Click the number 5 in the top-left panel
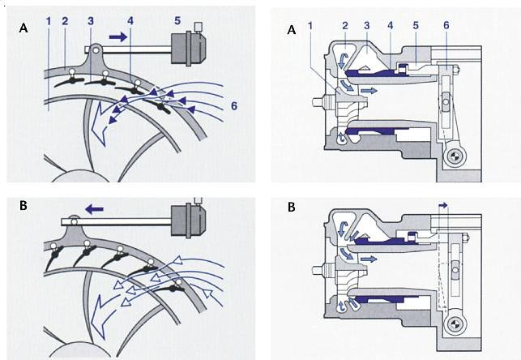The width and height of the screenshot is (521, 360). [x=177, y=20]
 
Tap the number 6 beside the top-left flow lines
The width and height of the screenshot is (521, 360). [x=234, y=106]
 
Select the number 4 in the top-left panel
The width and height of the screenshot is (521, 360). [x=130, y=20]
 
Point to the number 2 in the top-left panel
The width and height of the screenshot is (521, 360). [x=65, y=21]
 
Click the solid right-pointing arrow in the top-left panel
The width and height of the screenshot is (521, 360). [x=118, y=37]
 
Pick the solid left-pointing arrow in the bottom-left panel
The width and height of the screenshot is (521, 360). [x=94, y=209]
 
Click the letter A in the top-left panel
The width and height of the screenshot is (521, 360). [x=23, y=28]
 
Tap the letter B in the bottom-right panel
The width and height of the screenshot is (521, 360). [x=292, y=207]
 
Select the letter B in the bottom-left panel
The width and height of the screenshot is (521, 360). [x=23, y=205]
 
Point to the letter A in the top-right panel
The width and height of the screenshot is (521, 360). [x=292, y=30]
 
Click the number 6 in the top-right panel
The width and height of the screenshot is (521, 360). [x=446, y=25]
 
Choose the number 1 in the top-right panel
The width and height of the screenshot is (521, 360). [x=310, y=26]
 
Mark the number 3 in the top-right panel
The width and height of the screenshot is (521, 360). [x=367, y=25]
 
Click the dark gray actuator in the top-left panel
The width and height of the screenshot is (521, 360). [x=189, y=48]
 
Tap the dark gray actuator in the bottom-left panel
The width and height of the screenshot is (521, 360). [x=189, y=221]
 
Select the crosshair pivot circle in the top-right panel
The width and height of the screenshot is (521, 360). [x=454, y=156]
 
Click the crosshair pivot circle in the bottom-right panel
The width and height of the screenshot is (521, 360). [x=454, y=324]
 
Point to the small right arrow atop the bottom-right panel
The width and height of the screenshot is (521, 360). [x=443, y=206]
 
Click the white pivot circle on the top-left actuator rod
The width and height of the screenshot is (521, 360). [x=96, y=50]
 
